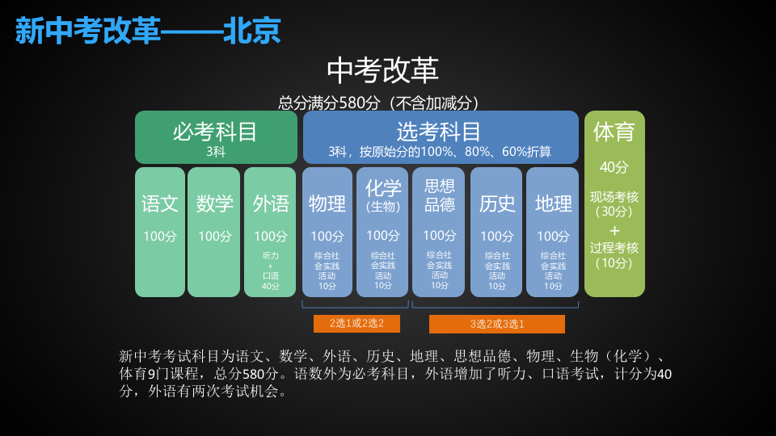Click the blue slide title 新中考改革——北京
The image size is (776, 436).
click(148, 31)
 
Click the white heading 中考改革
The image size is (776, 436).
click(382, 70)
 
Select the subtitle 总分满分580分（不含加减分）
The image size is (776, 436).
click(382, 103)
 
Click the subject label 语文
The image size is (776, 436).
click(160, 203)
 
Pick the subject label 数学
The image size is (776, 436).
click(214, 203)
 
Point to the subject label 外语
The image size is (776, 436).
click(270, 203)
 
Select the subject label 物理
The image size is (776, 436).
click(327, 203)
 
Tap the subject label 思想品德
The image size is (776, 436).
click(440, 195)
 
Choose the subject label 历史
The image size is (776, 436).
click(496, 203)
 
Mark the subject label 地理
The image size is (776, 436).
click(553, 203)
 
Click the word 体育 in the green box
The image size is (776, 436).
click(614, 132)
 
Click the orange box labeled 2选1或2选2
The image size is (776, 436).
click(356, 324)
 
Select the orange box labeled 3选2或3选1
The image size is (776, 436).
click(496, 324)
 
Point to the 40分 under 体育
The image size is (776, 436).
click(614, 167)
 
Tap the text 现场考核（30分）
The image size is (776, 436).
click(614, 204)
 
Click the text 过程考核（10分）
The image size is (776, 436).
click(614, 255)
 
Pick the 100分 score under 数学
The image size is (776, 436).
click(214, 237)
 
